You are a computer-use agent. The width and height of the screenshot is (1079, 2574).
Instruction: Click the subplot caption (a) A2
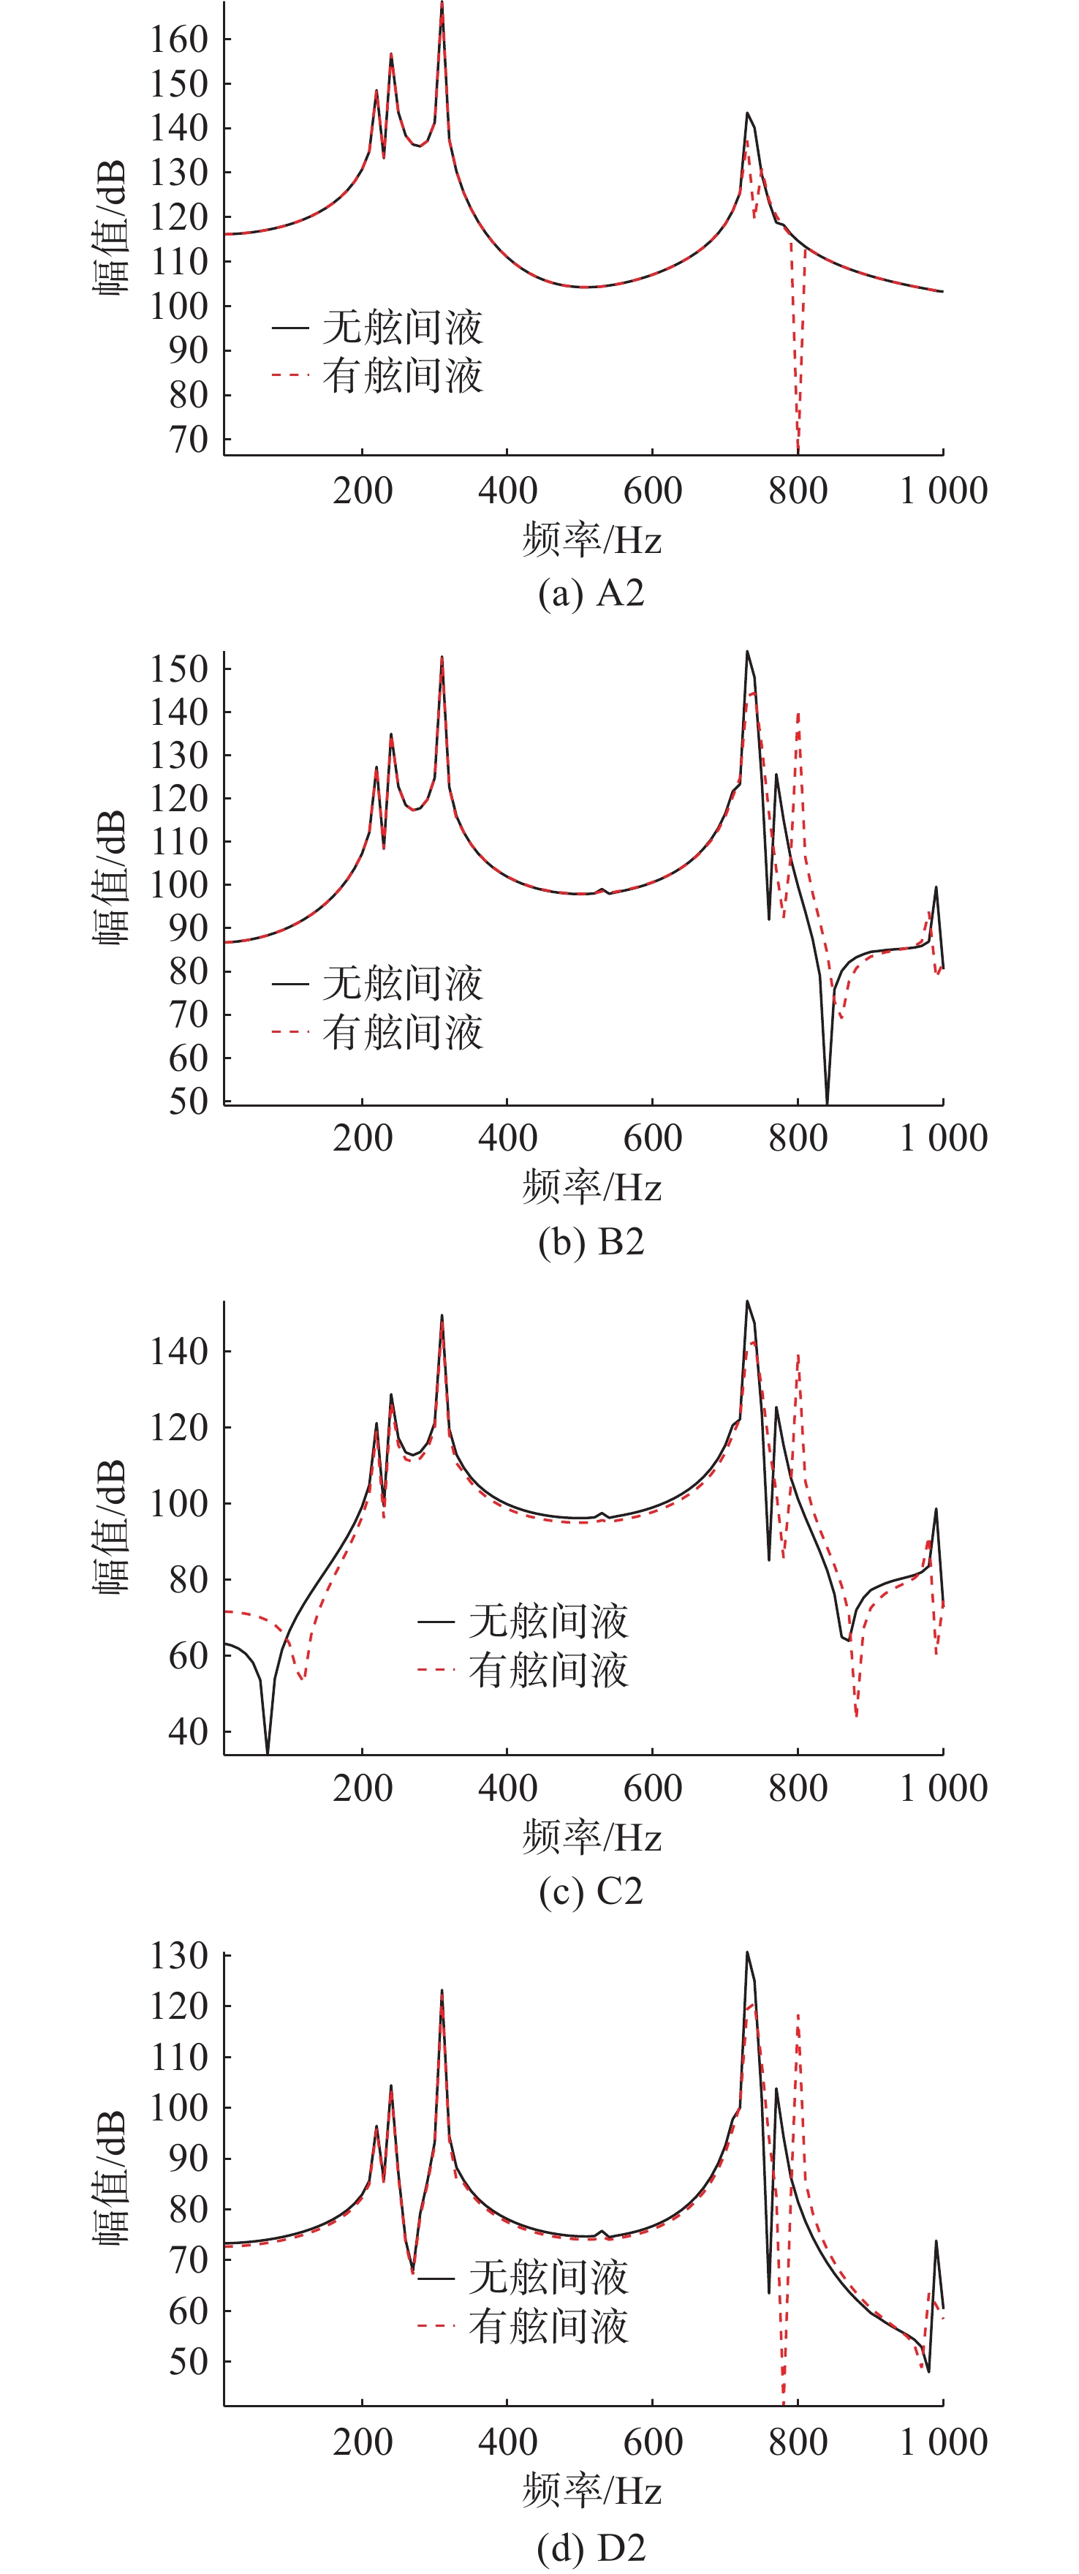pyautogui.click(x=591, y=593)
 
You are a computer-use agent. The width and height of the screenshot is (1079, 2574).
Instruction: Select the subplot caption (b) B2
pyautogui.click(x=591, y=1242)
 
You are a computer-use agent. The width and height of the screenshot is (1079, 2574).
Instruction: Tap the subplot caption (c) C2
pyautogui.click(x=591, y=1892)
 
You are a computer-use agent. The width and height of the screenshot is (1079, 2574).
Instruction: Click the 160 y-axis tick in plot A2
pyautogui.click(x=179, y=40)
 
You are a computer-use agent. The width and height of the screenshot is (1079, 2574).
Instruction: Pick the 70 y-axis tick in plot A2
pyautogui.click(x=188, y=439)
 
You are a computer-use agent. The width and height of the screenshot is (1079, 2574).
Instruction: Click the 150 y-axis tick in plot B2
pyautogui.click(x=179, y=669)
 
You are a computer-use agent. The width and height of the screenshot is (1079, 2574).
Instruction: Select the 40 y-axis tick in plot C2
pyautogui.click(x=188, y=1731)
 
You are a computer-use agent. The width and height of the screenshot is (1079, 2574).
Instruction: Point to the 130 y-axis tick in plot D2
pyautogui.click(x=179, y=1957)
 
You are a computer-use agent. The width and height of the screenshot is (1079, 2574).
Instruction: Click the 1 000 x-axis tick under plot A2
pyautogui.click(x=943, y=491)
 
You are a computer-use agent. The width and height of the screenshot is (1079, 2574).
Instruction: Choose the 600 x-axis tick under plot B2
pyautogui.click(x=652, y=1138)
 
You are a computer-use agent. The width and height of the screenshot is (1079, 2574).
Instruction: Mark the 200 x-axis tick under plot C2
pyautogui.click(x=363, y=1788)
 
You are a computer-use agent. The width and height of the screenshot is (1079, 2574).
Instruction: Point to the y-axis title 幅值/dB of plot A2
pyautogui.click(x=111, y=227)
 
